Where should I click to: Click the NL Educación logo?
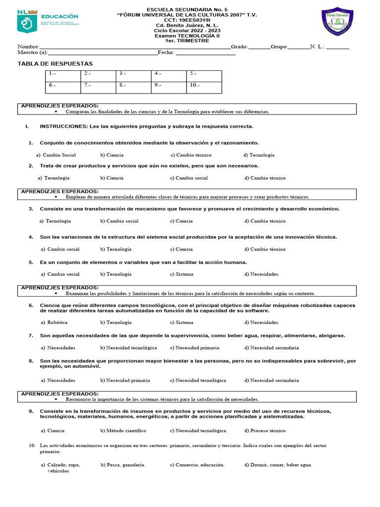[47, 22]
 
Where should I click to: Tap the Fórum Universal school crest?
[337, 23]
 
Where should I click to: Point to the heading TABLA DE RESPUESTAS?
[55, 64]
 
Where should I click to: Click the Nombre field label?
[28, 47]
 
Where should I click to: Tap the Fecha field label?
[166, 52]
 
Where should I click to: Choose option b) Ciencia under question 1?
[112, 155]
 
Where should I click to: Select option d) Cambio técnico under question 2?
[265, 178]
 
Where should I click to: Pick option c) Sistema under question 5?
[182, 274]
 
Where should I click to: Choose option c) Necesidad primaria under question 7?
[194, 348]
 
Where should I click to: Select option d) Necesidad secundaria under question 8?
[272, 380]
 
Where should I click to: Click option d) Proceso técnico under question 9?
[265, 431]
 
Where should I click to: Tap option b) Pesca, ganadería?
[123, 465]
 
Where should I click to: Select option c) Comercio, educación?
[197, 465]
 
